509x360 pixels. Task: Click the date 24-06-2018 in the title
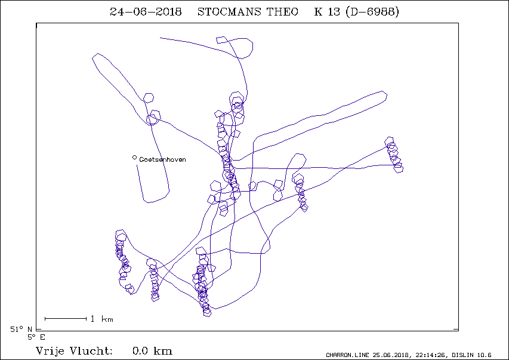click(x=146, y=12)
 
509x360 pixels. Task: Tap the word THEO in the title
click(x=282, y=12)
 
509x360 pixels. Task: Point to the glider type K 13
click(x=327, y=12)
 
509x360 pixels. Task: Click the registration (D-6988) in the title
click(x=372, y=12)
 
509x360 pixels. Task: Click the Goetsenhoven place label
click(x=162, y=159)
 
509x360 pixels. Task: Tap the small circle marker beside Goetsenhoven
click(x=134, y=158)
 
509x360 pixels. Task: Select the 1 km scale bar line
click(x=66, y=319)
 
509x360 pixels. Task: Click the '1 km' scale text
click(x=101, y=319)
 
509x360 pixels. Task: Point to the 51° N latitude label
click(x=21, y=330)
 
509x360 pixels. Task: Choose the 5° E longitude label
click(x=36, y=337)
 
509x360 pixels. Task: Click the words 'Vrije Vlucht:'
click(x=74, y=351)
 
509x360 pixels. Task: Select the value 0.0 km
click(x=152, y=351)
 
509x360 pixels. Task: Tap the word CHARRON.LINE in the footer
click(x=347, y=355)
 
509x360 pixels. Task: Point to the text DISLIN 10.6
click(x=471, y=355)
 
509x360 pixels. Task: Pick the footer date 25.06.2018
click(x=391, y=355)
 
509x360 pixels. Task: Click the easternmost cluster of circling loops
click(x=394, y=155)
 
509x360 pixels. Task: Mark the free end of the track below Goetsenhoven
click(x=137, y=165)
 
